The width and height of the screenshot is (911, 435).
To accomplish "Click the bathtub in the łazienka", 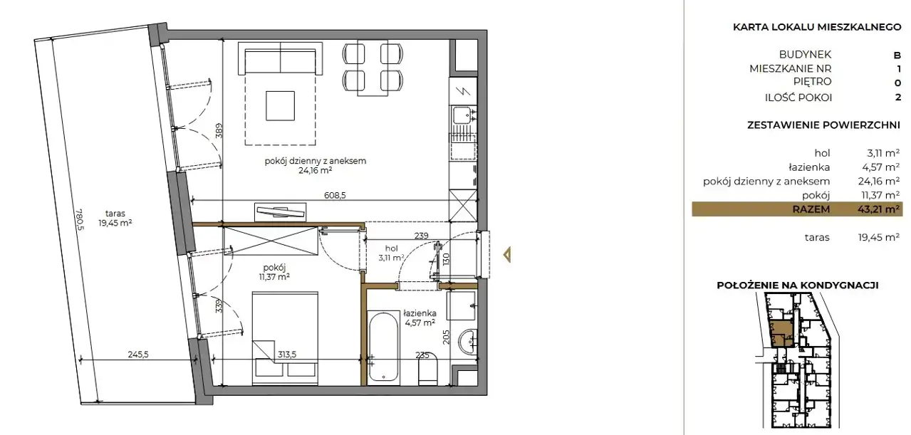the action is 383,346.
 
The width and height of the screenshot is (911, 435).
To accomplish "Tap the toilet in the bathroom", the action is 427,370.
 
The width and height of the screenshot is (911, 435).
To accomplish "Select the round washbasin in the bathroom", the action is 469,342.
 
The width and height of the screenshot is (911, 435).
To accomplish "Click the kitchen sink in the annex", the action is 464,115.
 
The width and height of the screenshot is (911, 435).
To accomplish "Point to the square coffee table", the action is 280,105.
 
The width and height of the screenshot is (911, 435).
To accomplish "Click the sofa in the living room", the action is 280,58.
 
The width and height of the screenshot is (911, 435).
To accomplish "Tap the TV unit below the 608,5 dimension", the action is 280,212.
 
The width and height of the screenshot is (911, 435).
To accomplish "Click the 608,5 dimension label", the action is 335,196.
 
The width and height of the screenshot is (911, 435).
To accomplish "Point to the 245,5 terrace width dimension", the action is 138,355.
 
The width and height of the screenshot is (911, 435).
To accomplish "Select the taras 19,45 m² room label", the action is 115,218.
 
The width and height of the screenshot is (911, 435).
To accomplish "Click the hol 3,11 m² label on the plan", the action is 391,253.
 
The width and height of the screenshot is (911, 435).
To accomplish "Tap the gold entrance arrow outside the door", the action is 506,255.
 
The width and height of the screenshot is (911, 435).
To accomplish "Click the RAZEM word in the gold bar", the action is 811,209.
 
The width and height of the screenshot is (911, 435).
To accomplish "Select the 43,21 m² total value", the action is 878,209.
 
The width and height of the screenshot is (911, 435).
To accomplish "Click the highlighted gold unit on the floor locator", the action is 781,333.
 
